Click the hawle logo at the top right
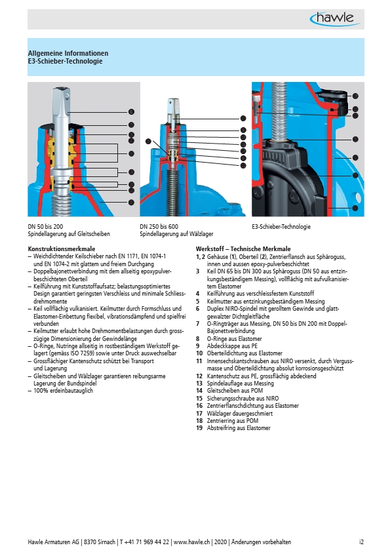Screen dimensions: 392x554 (x=334, y=18)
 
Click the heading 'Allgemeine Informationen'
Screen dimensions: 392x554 (x=68, y=53)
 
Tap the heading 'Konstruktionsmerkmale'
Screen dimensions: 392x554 (x=62, y=248)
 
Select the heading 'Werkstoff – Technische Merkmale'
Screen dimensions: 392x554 (x=243, y=248)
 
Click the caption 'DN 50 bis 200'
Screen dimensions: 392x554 (x=45, y=226)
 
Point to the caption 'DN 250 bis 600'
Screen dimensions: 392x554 (x=159, y=226)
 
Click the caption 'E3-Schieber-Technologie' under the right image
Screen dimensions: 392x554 (x=281, y=226)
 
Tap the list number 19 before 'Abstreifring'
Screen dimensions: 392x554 (x=199, y=428)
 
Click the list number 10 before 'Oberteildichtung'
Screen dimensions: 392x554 (x=199, y=353)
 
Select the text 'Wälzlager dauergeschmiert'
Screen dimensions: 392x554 (x=240, y=414)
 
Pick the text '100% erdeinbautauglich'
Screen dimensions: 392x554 (x=63, y=391)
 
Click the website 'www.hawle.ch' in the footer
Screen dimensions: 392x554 (x=192, y=542)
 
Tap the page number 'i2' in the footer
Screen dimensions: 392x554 (x=362, y=542)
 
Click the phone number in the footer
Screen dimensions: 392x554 (x=144, y=542)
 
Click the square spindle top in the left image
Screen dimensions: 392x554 (x=62, y=101)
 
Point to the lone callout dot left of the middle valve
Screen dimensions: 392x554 (x=148, y=142)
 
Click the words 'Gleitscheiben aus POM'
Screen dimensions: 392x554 (x=235, y=391)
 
